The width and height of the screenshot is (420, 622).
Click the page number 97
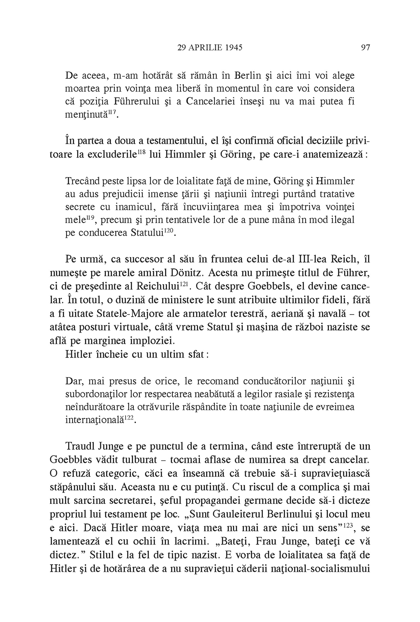coord(365,48)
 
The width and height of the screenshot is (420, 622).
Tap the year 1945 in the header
coord(232,48)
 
